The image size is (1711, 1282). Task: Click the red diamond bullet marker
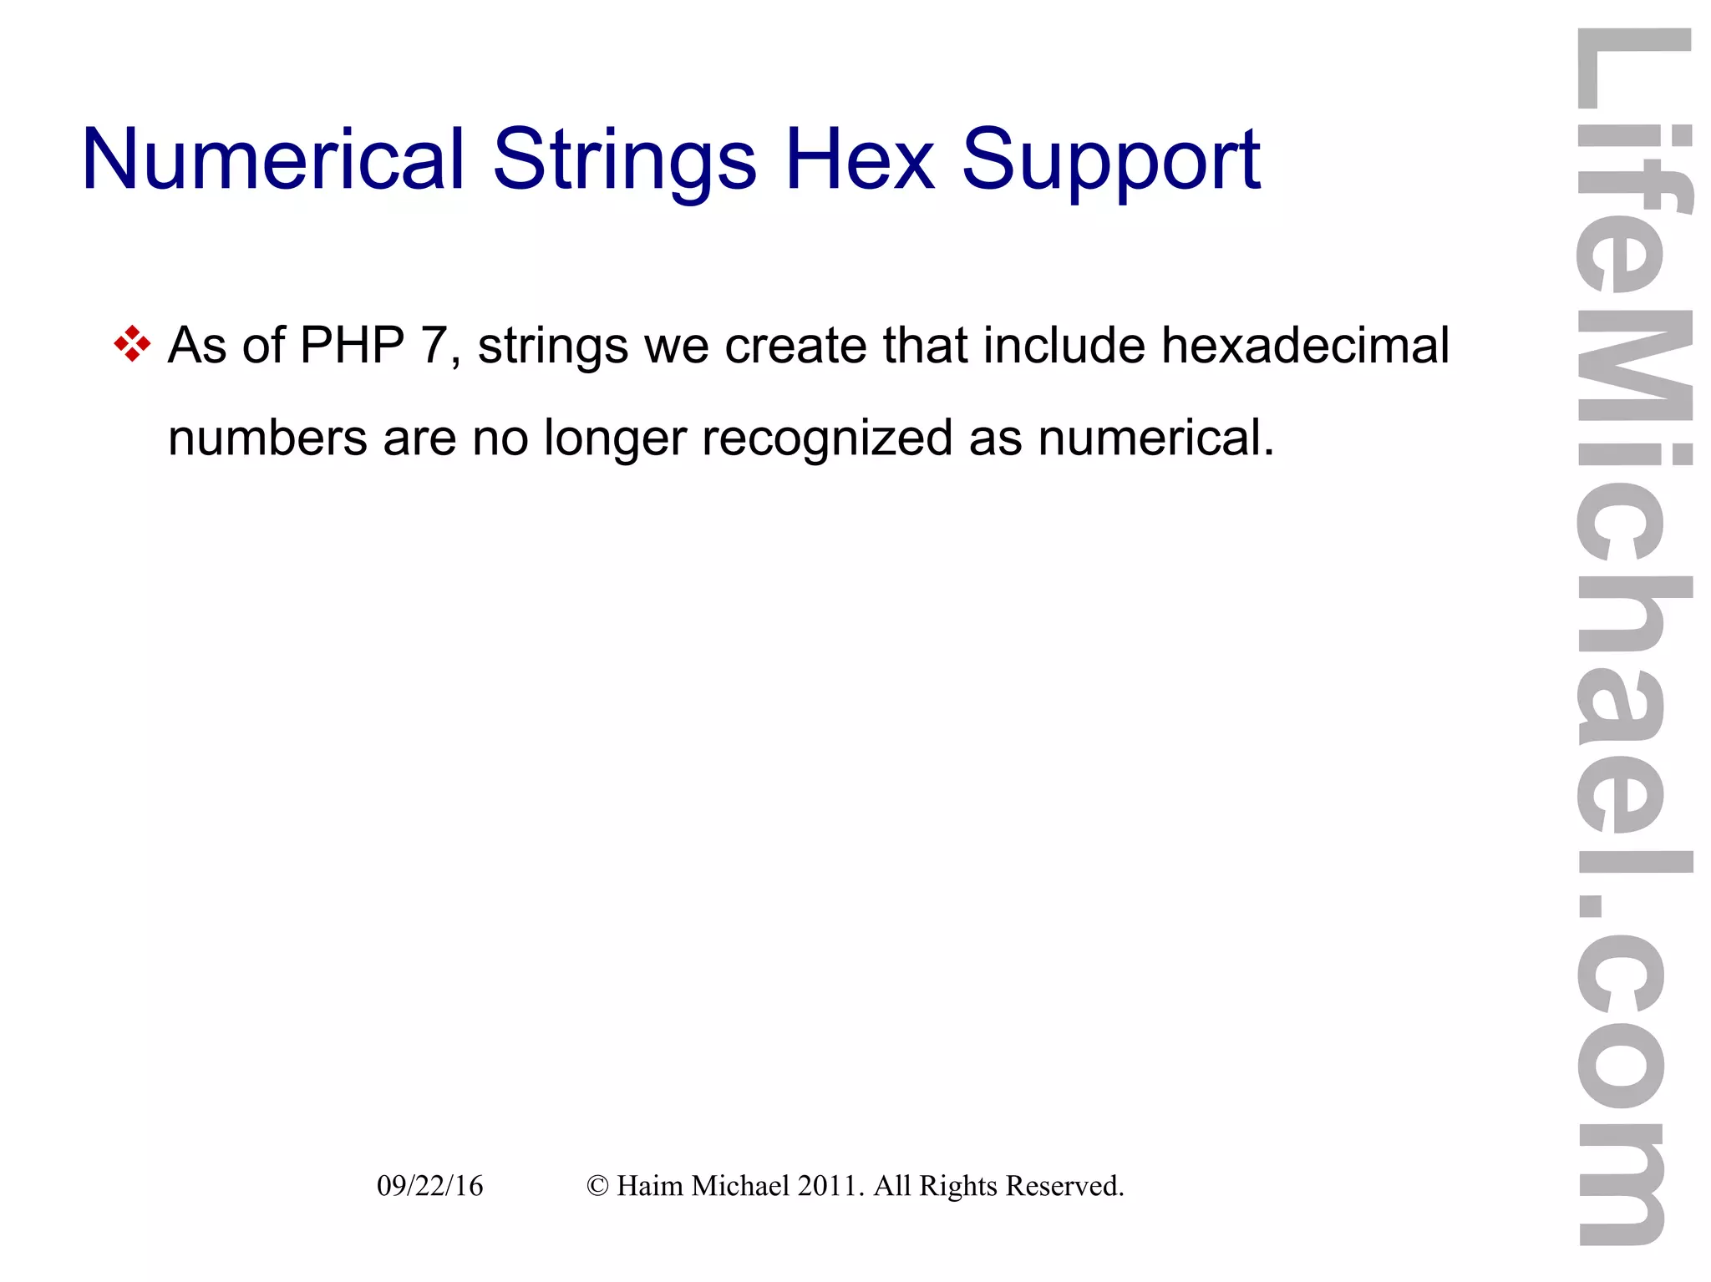click(132, 344)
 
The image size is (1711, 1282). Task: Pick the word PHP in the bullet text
click(352, 345)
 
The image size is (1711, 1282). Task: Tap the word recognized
click(827, 438)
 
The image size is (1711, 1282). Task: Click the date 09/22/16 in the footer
click(429, 1185)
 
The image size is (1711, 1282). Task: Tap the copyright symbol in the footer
click(597, 1186)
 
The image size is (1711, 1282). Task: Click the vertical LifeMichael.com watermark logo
click(1632, 635)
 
